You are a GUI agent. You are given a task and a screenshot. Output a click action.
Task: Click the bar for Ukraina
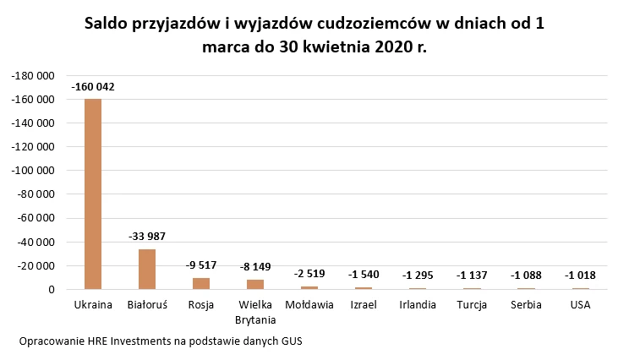(93, 194)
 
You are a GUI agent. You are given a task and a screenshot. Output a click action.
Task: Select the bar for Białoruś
(147, 269)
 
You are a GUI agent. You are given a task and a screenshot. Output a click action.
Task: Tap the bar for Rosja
(201, 284)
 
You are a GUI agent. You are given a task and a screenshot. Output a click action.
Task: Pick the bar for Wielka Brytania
(255, 285)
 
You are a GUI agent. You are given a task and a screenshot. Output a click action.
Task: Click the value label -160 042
(93, 87)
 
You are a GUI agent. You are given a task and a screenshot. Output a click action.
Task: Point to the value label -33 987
(147, 237)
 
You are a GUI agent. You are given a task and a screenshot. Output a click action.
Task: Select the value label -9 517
(201, 265)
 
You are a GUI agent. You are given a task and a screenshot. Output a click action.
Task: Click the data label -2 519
(309, 274)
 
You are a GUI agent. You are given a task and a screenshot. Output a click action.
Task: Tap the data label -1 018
(580, 275)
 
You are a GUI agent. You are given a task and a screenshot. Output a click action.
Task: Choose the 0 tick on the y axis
(52, 290)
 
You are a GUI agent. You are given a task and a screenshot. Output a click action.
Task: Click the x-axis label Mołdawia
(309, 304)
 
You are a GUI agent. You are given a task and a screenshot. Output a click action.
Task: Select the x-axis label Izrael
(364, 304)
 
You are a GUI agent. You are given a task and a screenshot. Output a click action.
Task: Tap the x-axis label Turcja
(472, 304)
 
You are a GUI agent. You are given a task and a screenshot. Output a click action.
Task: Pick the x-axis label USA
(580, 304)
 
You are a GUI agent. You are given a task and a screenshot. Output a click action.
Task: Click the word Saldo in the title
(109, 25)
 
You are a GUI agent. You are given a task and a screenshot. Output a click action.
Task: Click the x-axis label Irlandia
(418, 304)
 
